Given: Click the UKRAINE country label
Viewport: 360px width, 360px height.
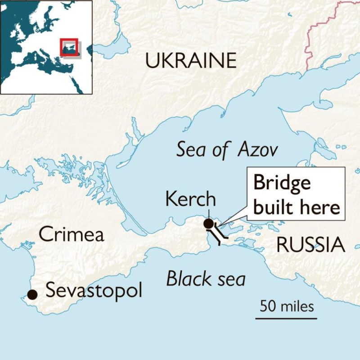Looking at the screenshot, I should (191, 61).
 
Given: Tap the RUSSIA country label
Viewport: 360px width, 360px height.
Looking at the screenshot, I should (310, 245).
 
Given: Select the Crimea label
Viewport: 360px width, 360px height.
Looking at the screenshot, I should (71, 234).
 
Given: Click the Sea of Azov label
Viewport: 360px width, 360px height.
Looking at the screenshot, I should (227, 150).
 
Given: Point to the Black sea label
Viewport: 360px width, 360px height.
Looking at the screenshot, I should (206, 279).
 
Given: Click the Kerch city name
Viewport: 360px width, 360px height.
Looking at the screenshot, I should (191, 199).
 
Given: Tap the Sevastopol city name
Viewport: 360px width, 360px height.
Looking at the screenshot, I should (94, 291).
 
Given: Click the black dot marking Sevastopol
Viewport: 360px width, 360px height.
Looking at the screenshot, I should (32, 294).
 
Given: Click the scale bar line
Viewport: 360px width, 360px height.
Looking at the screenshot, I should (286, 318).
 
